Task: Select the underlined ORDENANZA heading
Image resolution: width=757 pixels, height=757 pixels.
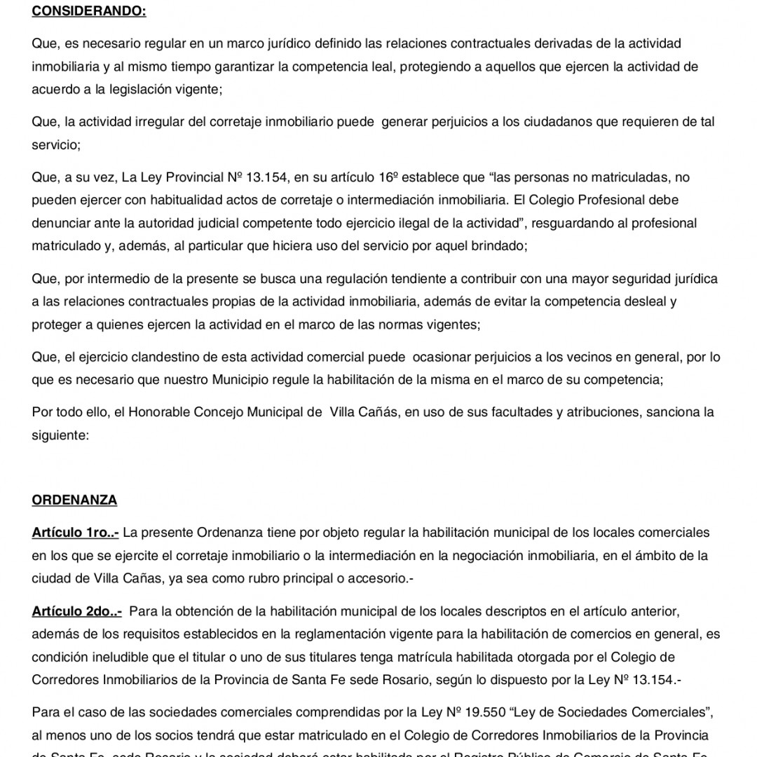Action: point(74,500)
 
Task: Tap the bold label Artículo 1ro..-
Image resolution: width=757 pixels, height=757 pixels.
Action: point(75,533)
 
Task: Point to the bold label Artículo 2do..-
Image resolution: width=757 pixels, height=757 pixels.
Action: point(76,612)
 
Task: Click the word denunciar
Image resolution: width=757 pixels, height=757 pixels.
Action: point(62,224)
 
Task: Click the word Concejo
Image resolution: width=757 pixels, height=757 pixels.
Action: point(221,412)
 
